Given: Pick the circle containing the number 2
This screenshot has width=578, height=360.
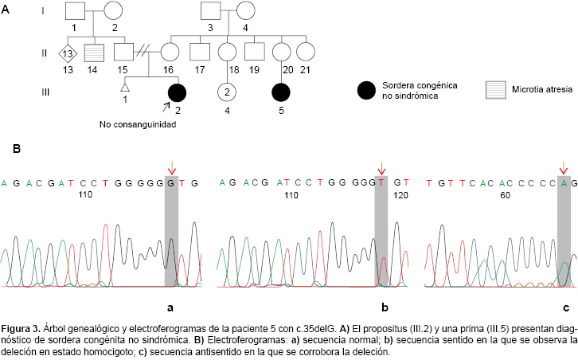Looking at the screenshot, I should tap(227, 93).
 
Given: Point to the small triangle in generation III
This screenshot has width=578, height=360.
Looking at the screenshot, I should tap(125, 88).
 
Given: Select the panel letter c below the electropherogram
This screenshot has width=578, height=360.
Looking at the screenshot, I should tap(565, 307).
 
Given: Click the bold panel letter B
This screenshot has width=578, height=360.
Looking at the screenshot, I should tap(17, 148).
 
